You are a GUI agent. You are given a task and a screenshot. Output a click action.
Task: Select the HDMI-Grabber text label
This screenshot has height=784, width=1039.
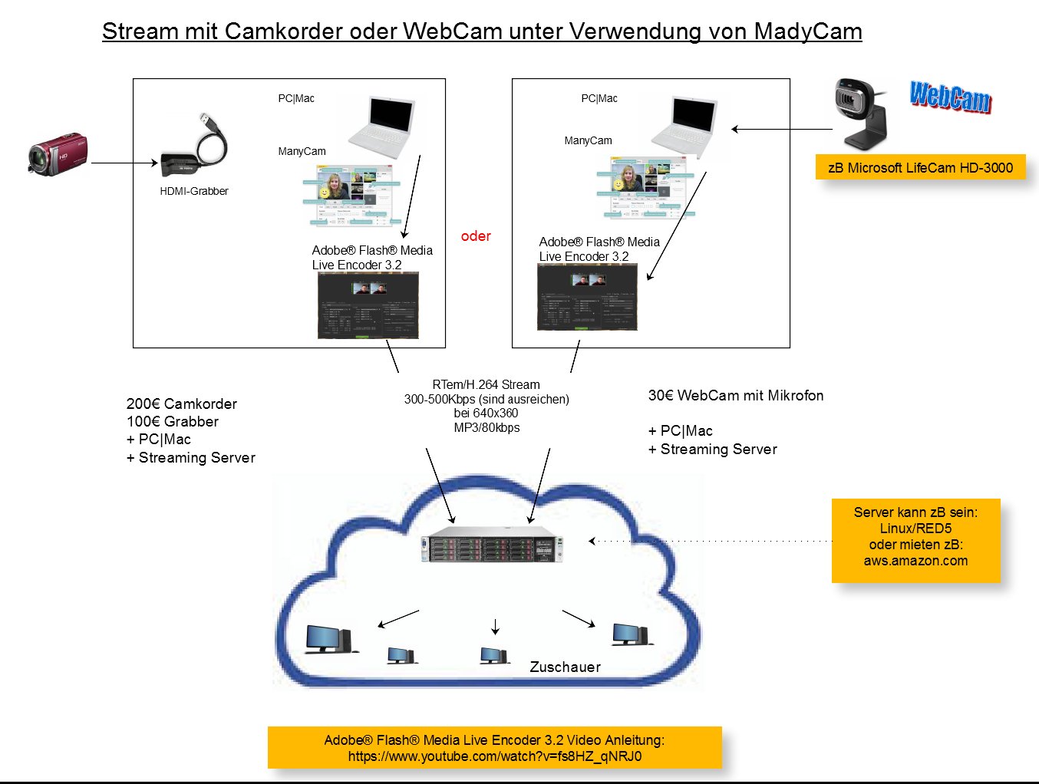pos(193,191)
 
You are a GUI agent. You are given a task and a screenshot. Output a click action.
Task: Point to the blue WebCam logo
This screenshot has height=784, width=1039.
pos(950,97)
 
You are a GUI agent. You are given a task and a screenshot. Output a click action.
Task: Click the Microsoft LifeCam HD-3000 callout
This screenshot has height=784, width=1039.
pos(920,167)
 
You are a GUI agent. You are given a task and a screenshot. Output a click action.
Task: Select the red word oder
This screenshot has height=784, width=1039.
pos(476,236)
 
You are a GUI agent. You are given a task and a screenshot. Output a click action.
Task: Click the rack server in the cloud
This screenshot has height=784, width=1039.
pos(492,545)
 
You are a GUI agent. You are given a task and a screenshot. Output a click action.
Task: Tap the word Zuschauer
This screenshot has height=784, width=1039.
pos(565,667)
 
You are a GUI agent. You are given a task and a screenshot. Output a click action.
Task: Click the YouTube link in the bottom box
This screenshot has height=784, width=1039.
pos(495,756)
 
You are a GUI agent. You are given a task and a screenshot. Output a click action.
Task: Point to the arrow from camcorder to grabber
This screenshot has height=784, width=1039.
pos(124,163)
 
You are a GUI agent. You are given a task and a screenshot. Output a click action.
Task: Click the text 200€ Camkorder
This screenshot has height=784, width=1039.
pos(182,404)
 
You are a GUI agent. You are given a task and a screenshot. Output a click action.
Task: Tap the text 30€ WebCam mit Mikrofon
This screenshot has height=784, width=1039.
pos(735,395)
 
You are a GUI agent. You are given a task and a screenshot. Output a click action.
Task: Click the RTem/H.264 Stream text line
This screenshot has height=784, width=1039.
pos(486,384)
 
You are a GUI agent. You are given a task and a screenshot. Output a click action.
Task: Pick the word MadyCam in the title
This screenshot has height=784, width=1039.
pos(808,31)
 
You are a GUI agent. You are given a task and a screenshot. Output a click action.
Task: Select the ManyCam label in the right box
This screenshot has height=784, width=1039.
pos(588,140)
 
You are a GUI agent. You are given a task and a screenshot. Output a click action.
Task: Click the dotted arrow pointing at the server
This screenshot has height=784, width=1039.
pos(710,541)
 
